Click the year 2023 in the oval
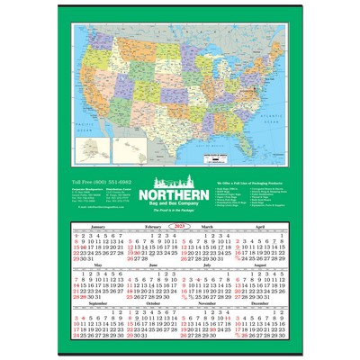(x=180, y=227)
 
